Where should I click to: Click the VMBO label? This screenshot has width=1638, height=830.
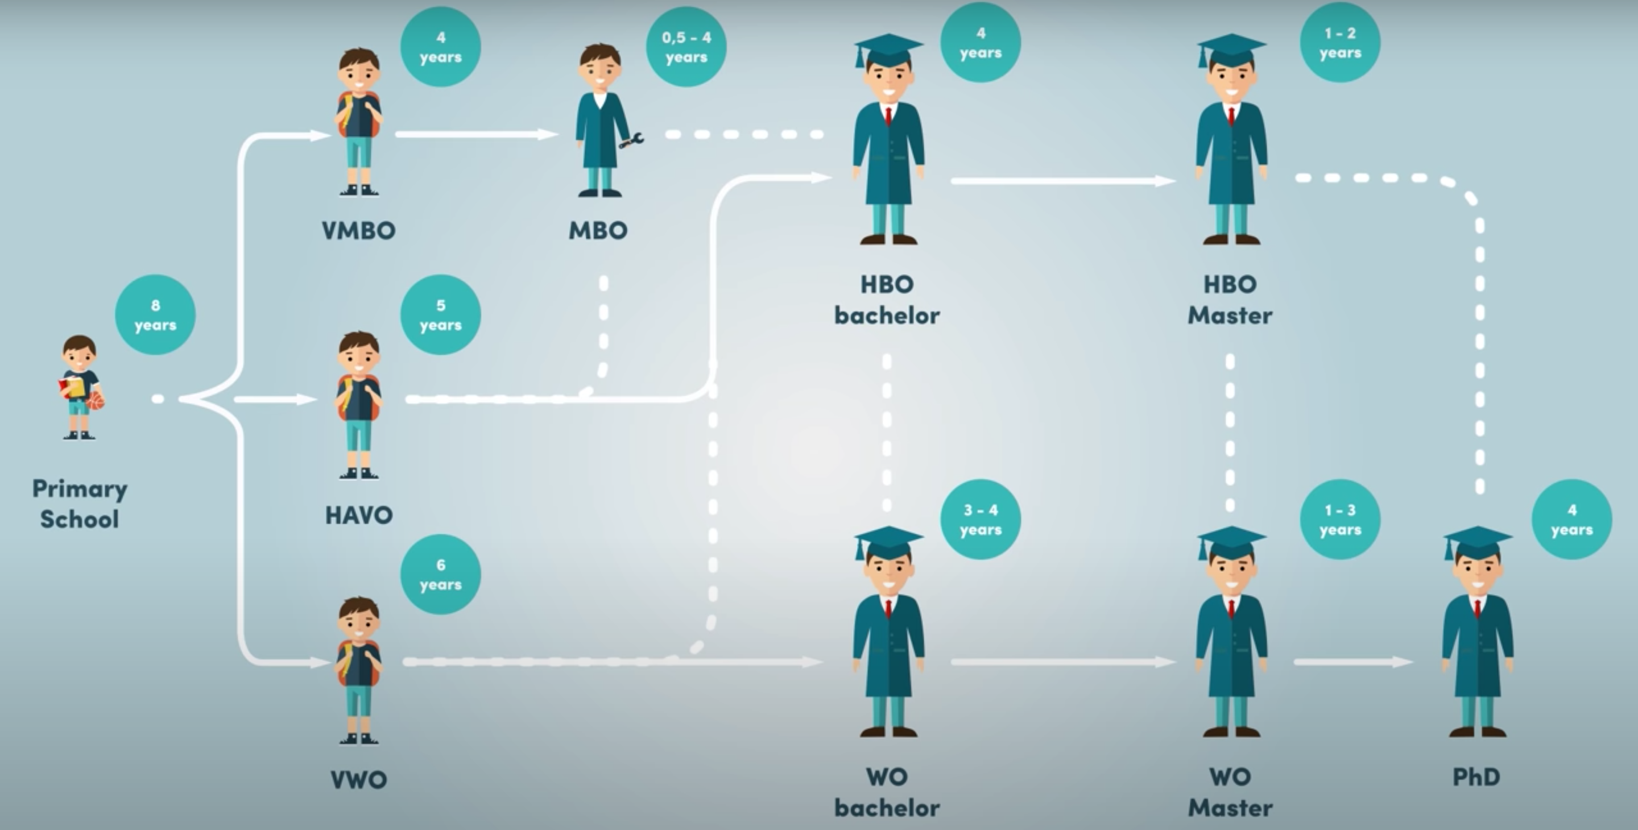[x=359, y=230]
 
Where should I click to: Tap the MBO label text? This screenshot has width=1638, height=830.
[x=598, y=230]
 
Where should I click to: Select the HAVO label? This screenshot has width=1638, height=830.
[x=359, y=515]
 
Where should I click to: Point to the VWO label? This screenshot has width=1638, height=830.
[x=359, y=780]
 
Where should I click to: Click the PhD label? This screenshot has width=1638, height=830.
[x=1476, y=777]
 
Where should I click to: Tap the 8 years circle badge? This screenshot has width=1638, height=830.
[x=155, y=314]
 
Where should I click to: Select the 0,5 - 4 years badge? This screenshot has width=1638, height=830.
[x=686, y=47]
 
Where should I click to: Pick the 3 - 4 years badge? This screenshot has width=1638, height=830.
[x=981, y=519]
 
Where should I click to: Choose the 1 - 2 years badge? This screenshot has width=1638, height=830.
[x=1340, y=43]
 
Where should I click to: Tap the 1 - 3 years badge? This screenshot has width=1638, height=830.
[x=1340, y=519]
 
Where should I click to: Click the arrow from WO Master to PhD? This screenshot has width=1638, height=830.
[x=1352, y=662]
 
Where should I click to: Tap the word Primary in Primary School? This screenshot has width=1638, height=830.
[x=80, y=489]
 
